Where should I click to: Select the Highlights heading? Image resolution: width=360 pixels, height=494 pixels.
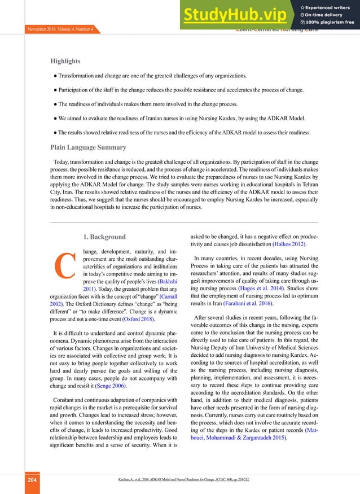point(65,61)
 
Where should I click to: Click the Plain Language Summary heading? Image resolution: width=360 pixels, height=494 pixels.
point(89,148)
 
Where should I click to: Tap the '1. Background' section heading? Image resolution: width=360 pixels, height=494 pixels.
point(104,237)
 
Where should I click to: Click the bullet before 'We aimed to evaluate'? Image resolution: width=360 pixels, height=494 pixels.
point(56,119)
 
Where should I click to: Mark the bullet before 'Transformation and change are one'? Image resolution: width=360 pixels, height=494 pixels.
point(56,75)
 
